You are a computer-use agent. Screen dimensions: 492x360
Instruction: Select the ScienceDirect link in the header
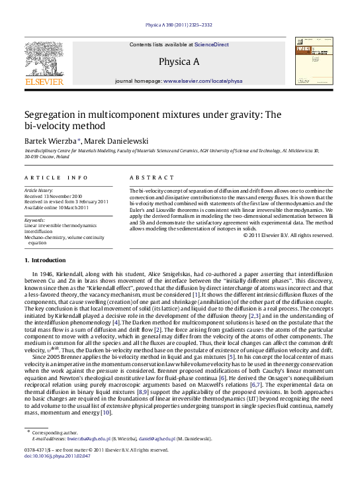click(x=211, y=44)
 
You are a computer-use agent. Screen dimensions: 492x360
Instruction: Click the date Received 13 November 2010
click(x=53, y=197)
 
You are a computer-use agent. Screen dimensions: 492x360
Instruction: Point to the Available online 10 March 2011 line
click(x=56, y=207)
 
